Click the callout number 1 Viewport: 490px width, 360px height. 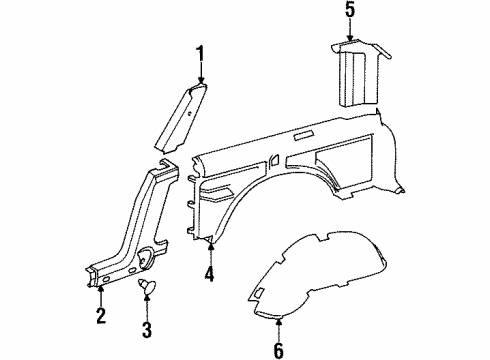200,54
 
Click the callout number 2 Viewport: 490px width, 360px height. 101,318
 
